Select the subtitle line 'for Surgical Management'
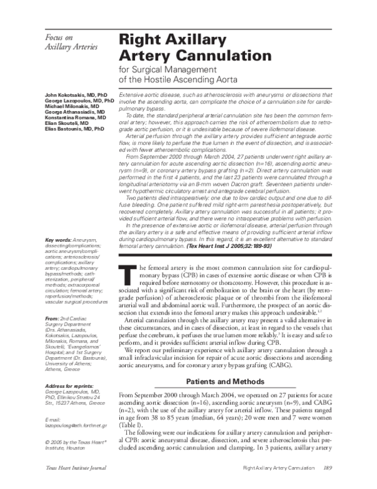(x=165, y=69)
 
